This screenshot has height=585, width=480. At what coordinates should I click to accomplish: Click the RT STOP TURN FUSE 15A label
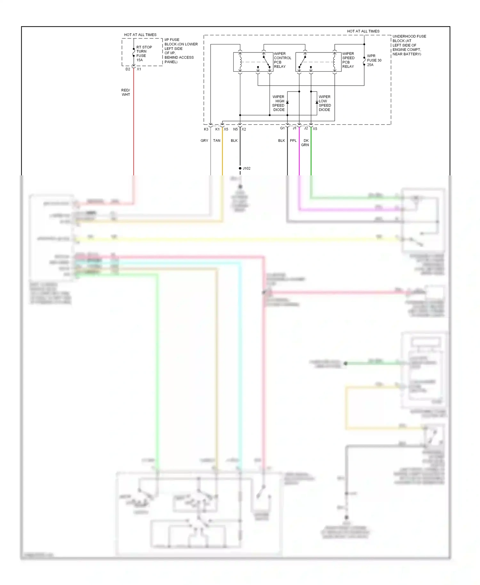tap(144, 53)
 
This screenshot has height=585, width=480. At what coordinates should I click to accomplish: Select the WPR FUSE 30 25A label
tap(374, 60)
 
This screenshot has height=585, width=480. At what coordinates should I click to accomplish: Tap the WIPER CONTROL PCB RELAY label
tap(282, 60)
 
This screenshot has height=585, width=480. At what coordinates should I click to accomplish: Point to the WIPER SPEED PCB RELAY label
tap(348, 60)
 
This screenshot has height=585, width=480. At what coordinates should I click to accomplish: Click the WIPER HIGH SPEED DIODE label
tap(278, 103)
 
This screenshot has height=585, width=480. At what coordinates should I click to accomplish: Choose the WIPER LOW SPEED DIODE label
tap(324, 103)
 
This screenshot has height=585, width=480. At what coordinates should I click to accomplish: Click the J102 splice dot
tap(240, 168)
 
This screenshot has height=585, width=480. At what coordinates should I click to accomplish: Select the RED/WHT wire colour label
tap(126, 92)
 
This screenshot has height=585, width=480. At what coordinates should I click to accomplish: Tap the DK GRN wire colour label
tap(305, 143)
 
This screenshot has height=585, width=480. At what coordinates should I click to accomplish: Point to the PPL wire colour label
tap(293, 140)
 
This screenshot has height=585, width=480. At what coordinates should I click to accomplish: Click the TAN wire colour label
tap(217, 140)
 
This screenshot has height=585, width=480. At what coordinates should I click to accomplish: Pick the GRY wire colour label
tap(204, 140)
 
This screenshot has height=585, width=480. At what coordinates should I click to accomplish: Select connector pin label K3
tap(206, 129)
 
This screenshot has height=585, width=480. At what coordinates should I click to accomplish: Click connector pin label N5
tap(236, 129)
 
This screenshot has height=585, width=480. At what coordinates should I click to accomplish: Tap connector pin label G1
tap(282, 128)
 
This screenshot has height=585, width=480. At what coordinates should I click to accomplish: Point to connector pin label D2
tap(128, 69)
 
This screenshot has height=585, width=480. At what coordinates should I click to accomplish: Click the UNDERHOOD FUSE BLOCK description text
tap(409, 45)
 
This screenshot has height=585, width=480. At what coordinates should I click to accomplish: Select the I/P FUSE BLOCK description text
tap(181, 51)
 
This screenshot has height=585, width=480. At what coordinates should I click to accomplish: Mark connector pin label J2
tap(306, 128)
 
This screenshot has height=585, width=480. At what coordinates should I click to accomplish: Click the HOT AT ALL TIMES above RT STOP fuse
tap(140, 35)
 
